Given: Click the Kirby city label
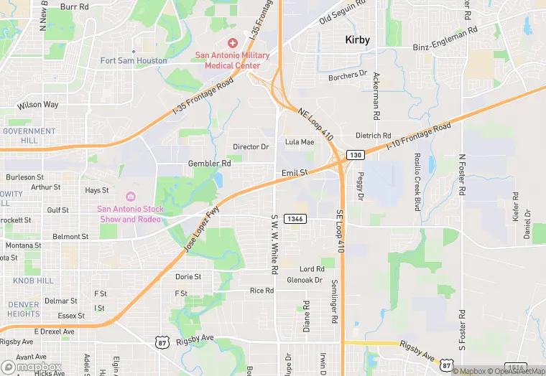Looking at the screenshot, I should coord(357,40).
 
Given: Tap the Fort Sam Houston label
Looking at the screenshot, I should coord(134,61).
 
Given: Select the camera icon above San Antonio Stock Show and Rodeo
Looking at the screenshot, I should coord(131,197).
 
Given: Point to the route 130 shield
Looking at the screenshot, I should coord(355,155).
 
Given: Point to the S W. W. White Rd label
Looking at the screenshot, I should coord(274,244).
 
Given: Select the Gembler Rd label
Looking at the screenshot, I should coord(209,164).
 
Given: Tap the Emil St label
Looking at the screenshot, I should coord(295,173).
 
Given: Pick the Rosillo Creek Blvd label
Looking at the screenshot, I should coord(417,181).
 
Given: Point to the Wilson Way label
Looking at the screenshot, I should coord(38,105).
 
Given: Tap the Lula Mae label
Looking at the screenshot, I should coord(300,142).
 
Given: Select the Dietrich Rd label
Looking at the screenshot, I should coord(374,136).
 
